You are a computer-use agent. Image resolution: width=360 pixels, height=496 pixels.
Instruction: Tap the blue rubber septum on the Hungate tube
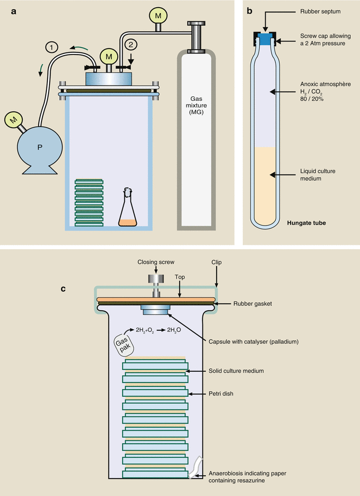pyautogui.click(x=265, y=39)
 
